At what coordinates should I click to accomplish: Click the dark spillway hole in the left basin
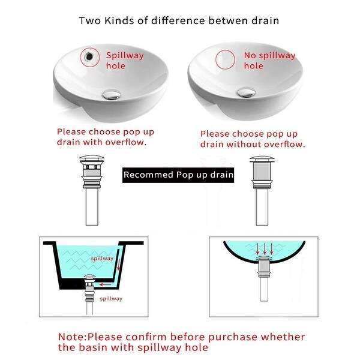(89, 56)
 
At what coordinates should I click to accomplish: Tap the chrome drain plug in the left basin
(112, 94)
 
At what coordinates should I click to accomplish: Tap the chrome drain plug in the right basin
(246, 92)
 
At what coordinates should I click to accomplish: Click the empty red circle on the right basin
(225, 59)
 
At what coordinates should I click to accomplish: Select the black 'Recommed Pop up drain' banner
(178, 175)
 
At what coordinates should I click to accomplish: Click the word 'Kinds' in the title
(119, 20)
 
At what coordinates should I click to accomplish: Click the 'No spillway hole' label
(269, 61)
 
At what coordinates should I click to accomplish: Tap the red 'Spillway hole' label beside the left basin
(125, 61)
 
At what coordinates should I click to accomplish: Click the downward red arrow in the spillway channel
(119, 264)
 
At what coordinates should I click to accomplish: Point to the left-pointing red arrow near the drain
(105, 285)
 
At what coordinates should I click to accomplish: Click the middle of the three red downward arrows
(265, 249)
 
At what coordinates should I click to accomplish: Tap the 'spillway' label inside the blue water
(102, 259)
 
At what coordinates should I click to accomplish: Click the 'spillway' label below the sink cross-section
(111, 299)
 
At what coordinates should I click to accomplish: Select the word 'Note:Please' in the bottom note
(90, 337)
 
